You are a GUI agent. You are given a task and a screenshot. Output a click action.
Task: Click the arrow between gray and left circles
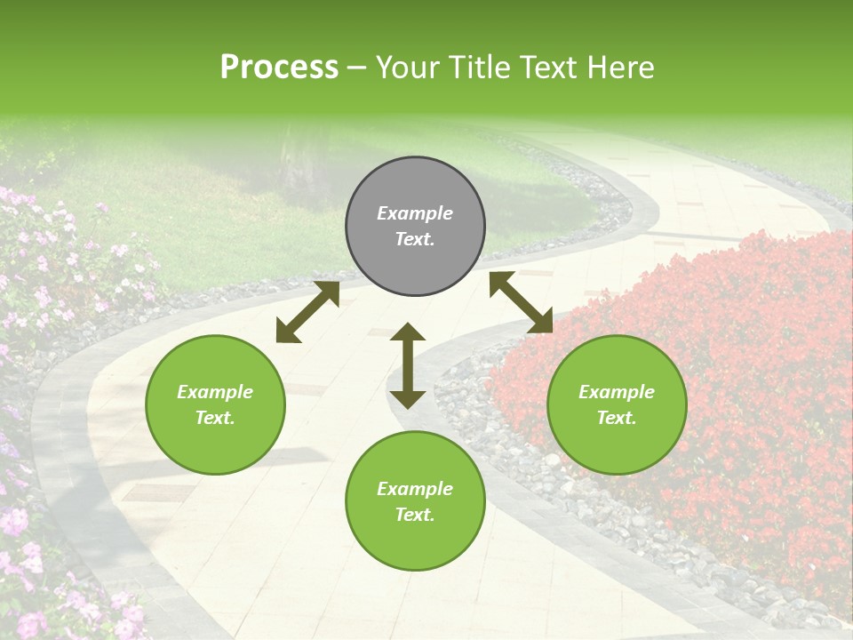(307, 312)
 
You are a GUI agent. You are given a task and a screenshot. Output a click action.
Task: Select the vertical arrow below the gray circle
(408, 365)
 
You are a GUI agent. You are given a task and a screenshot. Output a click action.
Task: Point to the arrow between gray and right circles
(521, 302)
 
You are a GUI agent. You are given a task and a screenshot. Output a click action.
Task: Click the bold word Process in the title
(279, 67)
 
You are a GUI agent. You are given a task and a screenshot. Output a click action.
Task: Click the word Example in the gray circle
(415, 213)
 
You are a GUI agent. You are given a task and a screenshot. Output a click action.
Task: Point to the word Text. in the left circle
(215, 418)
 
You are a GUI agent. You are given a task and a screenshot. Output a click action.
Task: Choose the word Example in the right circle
(617, 392)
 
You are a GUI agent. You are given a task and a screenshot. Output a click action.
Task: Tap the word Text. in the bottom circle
(415, 515)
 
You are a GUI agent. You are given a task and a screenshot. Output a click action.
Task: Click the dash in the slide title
(357, 68)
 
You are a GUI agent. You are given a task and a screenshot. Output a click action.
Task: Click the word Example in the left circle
(215, 392)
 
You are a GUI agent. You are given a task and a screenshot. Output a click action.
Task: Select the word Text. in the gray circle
(415, 239)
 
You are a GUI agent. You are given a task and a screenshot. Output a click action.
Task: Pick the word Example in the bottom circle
(415, 489)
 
